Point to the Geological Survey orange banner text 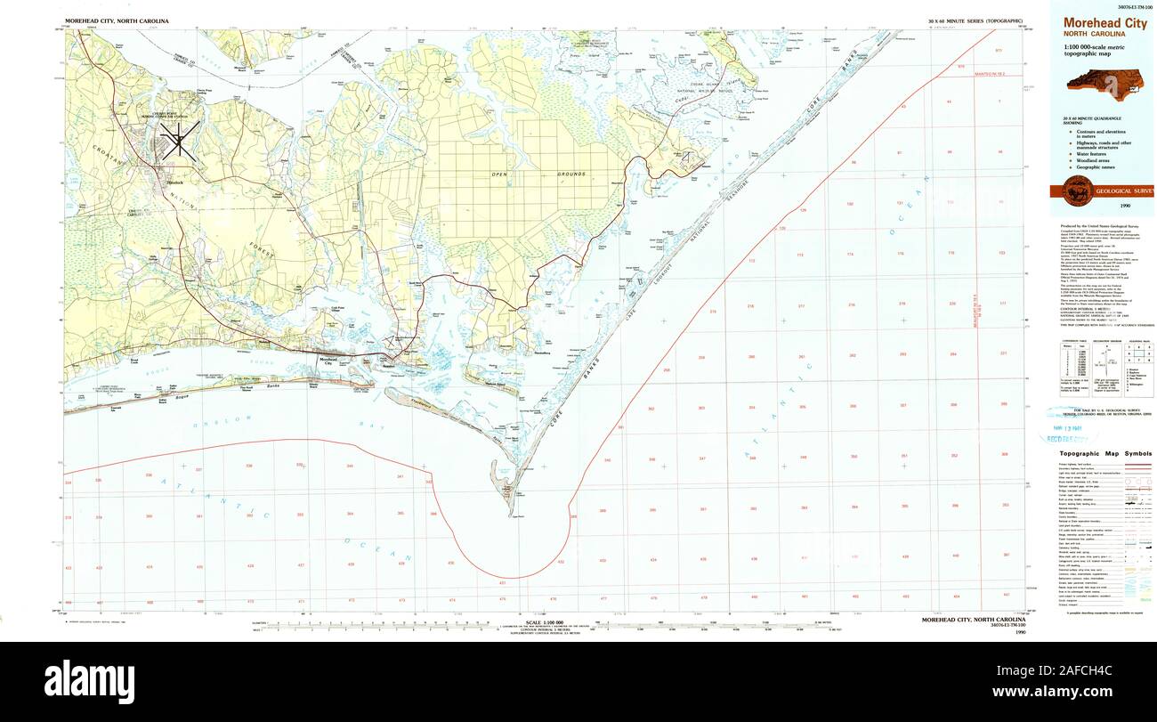coord(1125,191)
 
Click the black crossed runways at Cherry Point coord(179,141)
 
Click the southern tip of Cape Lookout coord(512,515)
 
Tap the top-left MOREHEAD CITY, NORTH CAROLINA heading coord(117,20)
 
